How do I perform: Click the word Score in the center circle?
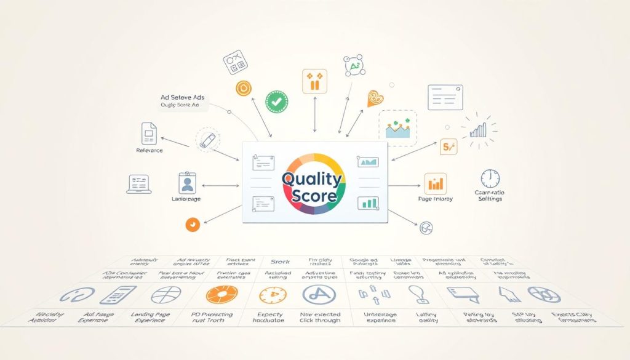314,196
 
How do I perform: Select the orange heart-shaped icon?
375,97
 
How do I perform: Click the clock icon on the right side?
490,179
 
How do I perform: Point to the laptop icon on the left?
139,183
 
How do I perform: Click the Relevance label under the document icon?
149,151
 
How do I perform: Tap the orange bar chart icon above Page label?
436,183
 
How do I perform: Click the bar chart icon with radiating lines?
478,129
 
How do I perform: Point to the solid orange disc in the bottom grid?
221,295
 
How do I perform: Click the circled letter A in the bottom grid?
319,295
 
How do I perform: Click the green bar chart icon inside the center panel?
370,202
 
